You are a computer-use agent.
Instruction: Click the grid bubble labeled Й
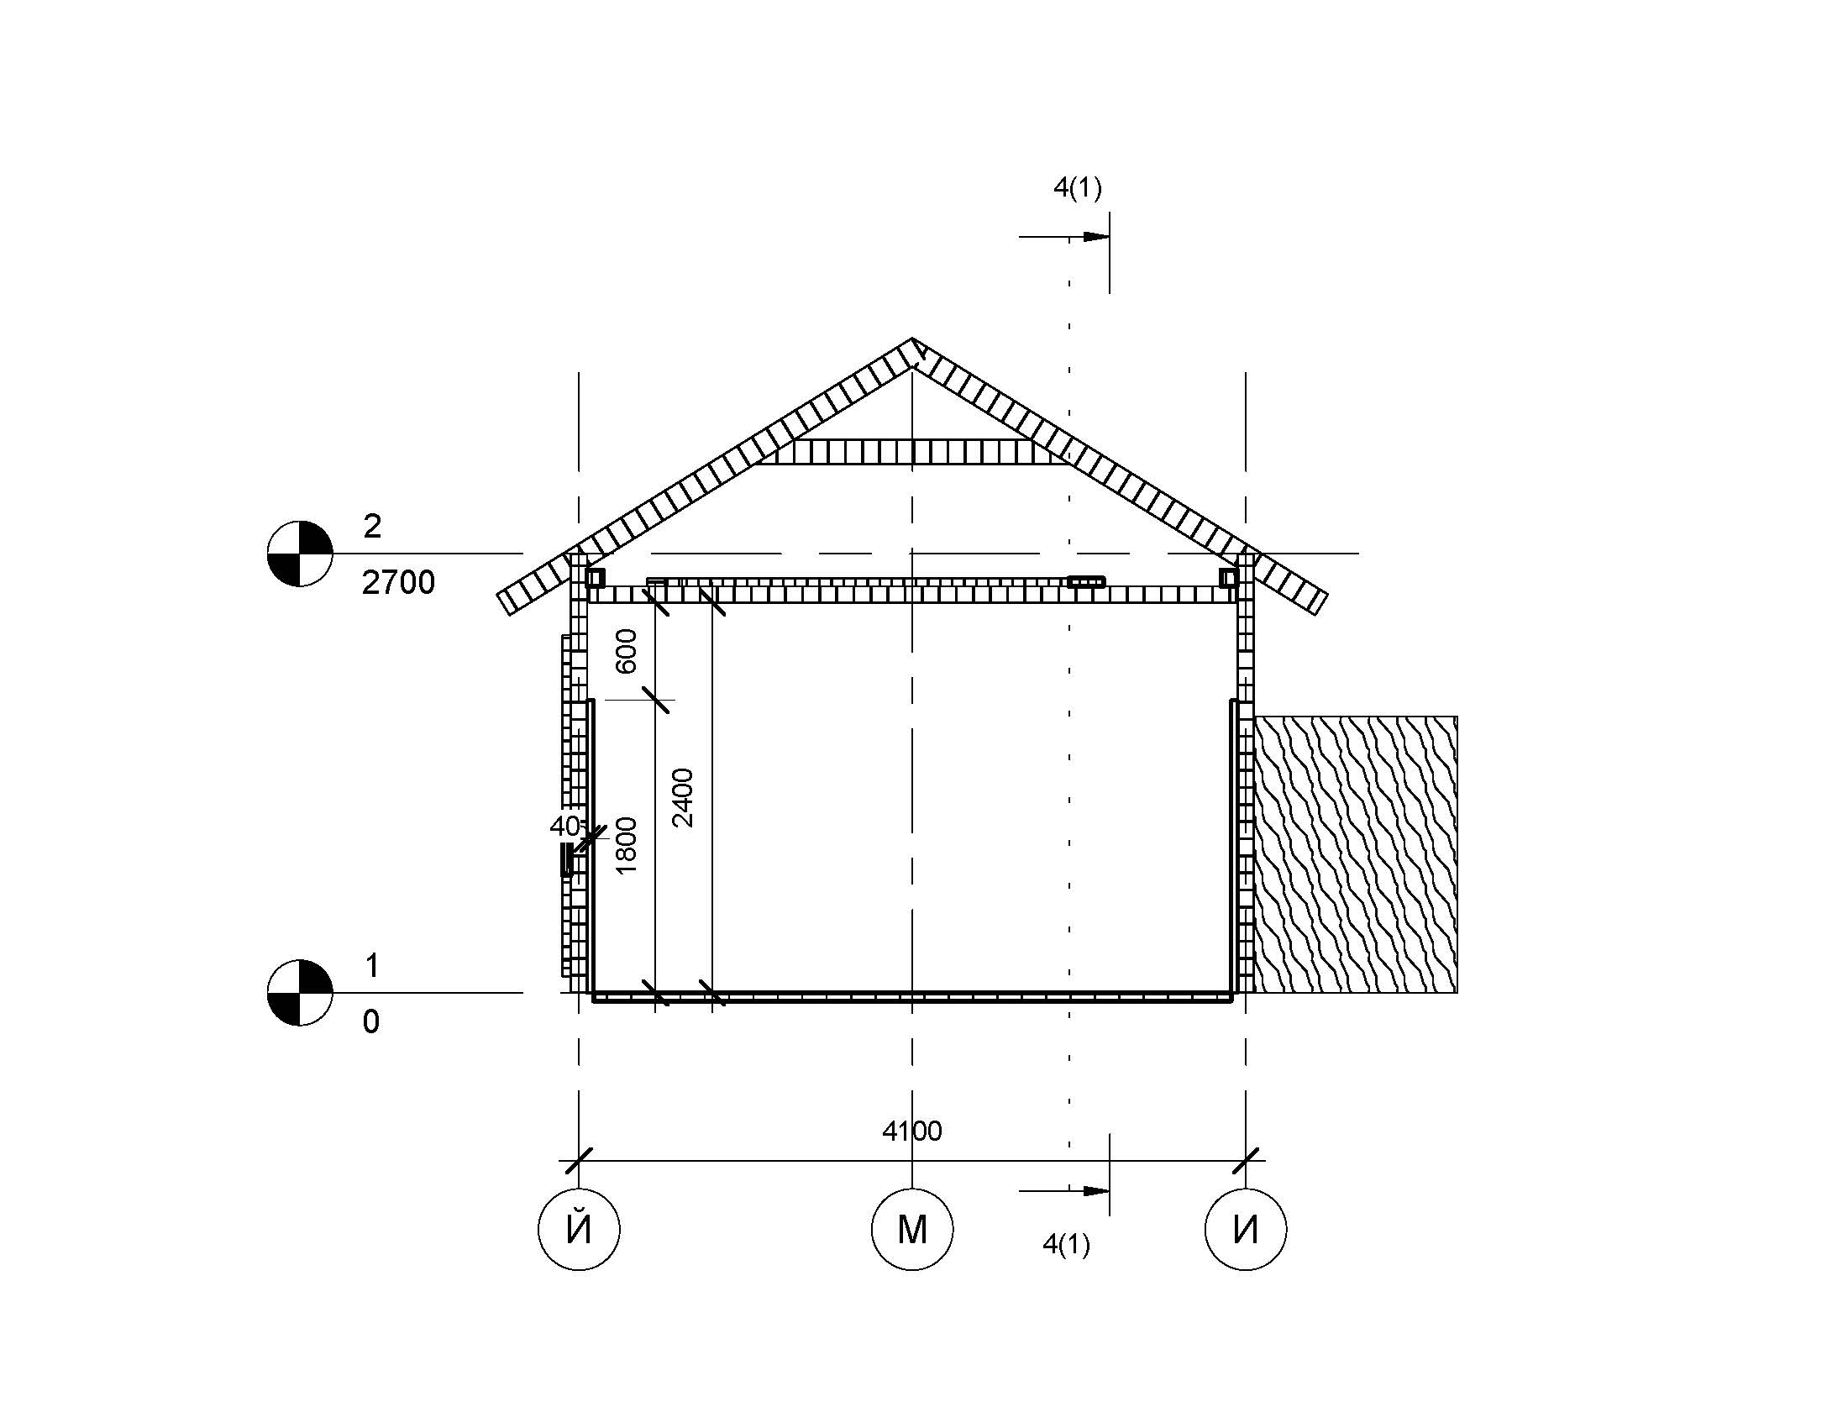point(579,1229)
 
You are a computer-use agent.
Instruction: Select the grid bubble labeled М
point(912,1229)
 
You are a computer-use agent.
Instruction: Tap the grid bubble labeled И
point(1246,1229)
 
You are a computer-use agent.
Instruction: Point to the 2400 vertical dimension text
point(683,798)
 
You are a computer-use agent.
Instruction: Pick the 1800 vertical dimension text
point(626,846)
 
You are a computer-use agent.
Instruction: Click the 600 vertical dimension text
point(626,651)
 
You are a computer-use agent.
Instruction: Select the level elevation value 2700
point(397,583)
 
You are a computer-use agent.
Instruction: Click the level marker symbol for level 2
point(300,554)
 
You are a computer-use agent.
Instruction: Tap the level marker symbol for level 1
point(300,992)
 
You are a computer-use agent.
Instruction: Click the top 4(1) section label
point(1077,188)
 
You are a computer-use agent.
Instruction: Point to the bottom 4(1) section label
point(1066,1244)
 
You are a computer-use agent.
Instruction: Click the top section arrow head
point(1095,237)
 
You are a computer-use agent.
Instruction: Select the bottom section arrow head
point(1095,1191)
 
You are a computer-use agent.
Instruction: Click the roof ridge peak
point(912,339)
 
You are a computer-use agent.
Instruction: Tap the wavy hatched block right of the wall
point(1356,854)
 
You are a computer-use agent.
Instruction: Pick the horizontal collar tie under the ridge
point(912,452)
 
